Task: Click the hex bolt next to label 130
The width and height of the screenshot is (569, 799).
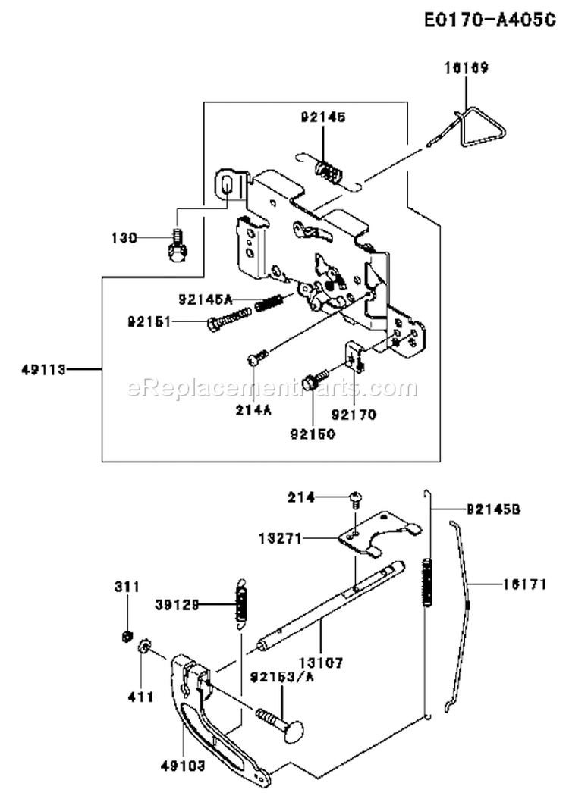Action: pyautogui.click(x=175, y=248)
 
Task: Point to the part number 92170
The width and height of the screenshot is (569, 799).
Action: pyautogui.click(x=354, y=415)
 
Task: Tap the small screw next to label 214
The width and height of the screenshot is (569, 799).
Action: pyautogui.click(x=356, y=498)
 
